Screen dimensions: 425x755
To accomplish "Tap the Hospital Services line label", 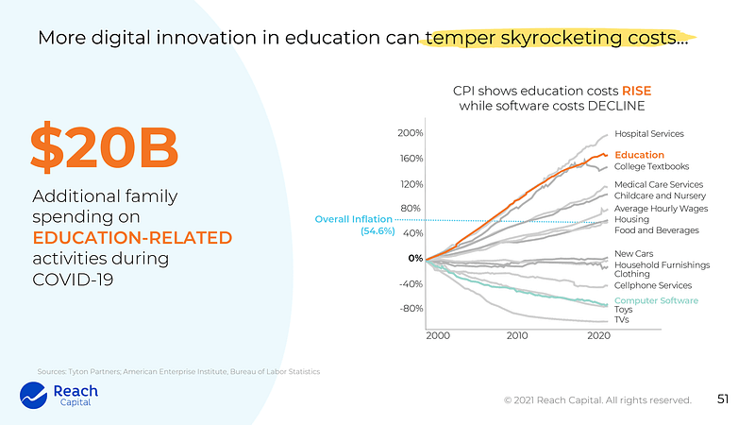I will pyautogui.click(x=649, y=134).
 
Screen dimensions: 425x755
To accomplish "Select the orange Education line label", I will pyautogui.click(x=639, y=155).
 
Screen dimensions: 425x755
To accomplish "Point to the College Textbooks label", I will pyautogui.click(x=650, y=166).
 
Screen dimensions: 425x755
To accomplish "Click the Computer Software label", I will pyautogui.click(x=656, y=300).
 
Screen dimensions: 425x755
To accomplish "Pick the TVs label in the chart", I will pyautogui.click(x=622, y=320).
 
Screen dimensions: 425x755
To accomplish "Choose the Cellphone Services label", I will pyautogui.click(x=653, y=285).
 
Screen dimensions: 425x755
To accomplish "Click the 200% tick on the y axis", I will pyautogui.click(x=410, y=133).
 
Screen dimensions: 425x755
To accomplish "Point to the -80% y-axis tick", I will pyautogui.click(x=411, y=308).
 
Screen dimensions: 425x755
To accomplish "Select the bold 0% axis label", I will pyautogui.click(x=415, y=258).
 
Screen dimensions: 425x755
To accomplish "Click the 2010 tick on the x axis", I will pyautogui.click(x=517, y=335).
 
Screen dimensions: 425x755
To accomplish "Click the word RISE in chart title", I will pyautogui.click(x=636, y=91).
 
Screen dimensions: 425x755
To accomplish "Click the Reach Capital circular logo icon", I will pyautogui.click(x=34, y=396).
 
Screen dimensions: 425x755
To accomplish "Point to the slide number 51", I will pyautogui.click(x=724, y=399).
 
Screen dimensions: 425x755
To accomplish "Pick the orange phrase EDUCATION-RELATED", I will pyautogui.click(x=132, y=237).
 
